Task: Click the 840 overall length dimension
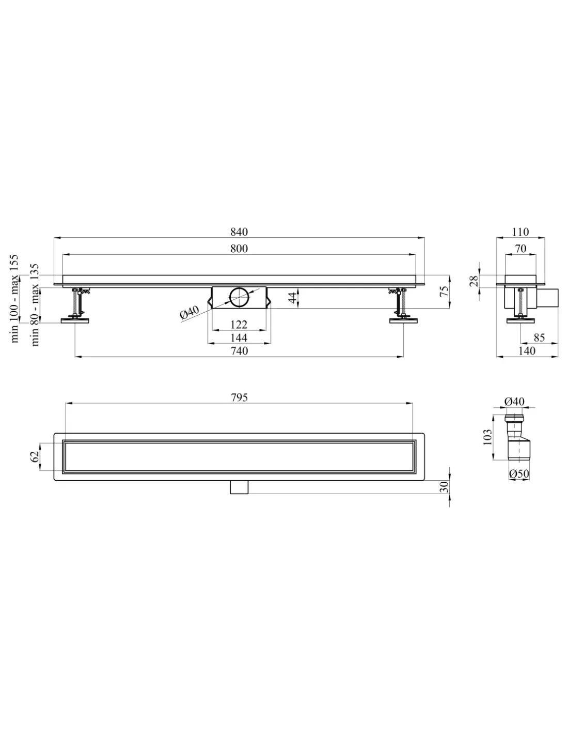(x=239, y=232)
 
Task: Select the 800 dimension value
(x=239, y=249)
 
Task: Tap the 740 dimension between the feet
(x=239, y=351)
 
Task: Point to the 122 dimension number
(x=239, y=325)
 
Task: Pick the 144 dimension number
(x=239, y=338)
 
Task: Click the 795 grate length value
(x=239, y=397)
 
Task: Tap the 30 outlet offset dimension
(x=445, y=487)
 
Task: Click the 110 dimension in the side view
(x=520, y=232)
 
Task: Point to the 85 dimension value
(x=539, y=338)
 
